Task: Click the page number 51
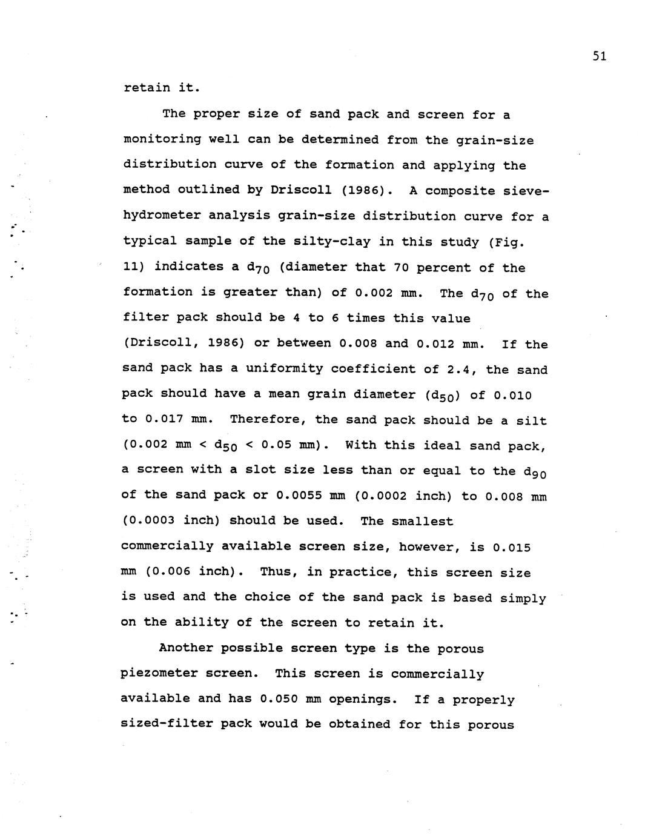(x=599, y=56)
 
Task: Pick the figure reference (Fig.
(x=508, y=242)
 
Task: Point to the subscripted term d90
(x=536, y=472)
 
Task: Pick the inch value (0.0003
(x=148, y=521)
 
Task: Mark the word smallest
(x=422, y=521)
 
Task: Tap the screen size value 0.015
(x=512, y=547)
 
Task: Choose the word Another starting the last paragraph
(x=186, y=648)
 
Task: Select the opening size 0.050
(x=279, y=699)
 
